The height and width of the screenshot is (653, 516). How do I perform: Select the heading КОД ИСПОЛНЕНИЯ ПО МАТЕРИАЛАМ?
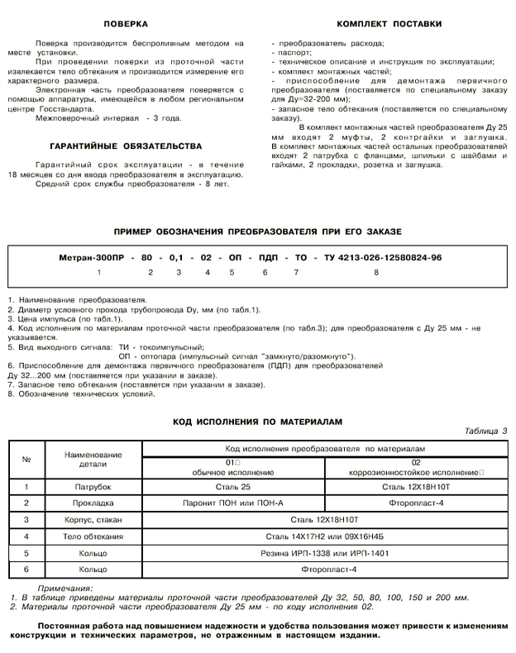pos(256,421)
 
